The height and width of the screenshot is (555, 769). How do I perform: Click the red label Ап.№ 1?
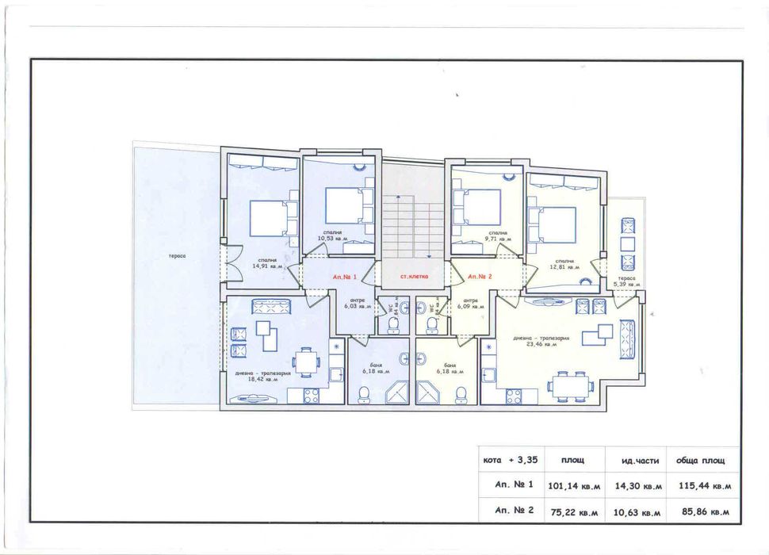point(345,277)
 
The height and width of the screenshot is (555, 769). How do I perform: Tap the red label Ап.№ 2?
point(480,277)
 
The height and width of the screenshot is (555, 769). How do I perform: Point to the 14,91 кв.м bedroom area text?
point(266,267)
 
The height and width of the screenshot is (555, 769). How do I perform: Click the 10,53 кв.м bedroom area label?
point(333,238)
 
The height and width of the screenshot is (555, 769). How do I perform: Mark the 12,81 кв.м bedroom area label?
point(564,267)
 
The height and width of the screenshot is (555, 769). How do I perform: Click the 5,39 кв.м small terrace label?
point(626,284)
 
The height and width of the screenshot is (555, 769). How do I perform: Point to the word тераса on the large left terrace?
point(177,256)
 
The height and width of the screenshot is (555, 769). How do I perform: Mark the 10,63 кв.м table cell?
point(636,512)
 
